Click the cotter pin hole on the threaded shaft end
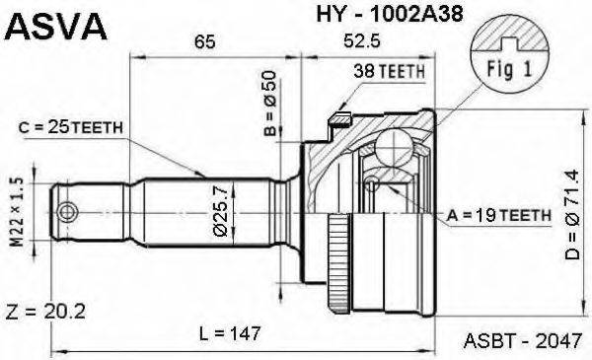click(67, 211)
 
